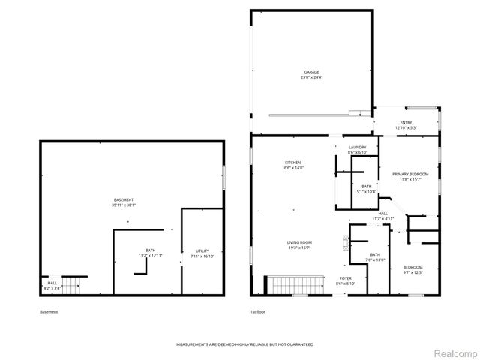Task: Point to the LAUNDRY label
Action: (x=357, y=148)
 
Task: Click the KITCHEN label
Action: (x=292, y=163)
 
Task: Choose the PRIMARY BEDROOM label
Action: (x=410, y=174)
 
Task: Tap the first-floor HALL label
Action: (x=382, y=214)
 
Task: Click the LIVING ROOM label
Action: (x=298, y=242)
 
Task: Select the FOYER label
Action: (x=346, y=277)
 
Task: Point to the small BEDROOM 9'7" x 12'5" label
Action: (x=412, y=268)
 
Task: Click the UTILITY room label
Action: (x=202, y=250)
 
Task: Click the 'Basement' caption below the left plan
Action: (x=48, y=311)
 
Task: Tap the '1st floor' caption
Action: (x=258, y=311)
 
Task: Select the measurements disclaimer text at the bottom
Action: (x=244, y=344)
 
